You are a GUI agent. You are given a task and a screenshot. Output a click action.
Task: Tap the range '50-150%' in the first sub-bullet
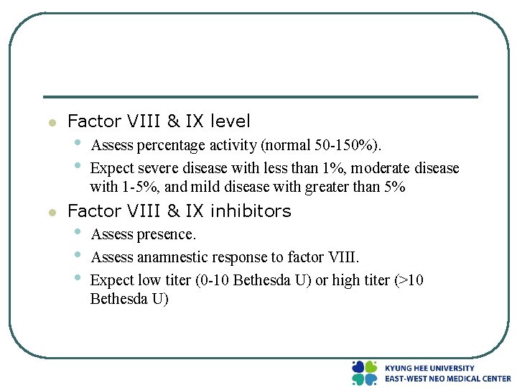345,146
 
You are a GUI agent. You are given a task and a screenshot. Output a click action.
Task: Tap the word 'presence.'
165,235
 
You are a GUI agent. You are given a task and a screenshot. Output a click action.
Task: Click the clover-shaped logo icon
365,373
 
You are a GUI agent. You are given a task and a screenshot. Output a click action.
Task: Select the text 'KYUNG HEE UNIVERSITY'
429,368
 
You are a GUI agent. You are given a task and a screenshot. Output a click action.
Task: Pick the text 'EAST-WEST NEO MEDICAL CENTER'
447,379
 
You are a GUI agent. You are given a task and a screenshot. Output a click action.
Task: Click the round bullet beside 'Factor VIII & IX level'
51,123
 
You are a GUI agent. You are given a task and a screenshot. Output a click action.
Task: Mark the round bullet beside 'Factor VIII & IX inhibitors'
51,213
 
